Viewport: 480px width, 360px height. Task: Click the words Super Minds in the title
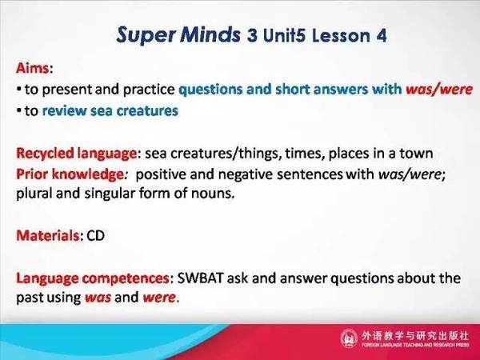click(x=178, y=35)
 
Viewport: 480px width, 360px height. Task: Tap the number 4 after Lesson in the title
click(x=382, y=35)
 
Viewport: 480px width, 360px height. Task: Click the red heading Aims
click(x=32, y=68)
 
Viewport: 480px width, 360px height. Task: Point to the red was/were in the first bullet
click(x=439, y=90)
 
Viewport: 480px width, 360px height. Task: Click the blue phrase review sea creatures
click(x=110, y=111)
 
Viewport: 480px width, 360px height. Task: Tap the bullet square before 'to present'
click(x=19, y=90)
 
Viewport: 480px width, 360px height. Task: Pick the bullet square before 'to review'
click(x=19, y=110)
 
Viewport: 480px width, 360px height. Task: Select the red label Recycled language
click(x=76, y=153)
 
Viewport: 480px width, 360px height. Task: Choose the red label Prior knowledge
click(x=70, y=174)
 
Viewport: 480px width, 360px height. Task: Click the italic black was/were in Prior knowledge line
click(x=410, y=174)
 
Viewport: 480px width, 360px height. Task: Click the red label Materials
click(x=48, y=235)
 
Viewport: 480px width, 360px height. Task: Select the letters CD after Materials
click(x=95, y=235)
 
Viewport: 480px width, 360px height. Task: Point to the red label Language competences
click(x=93, y=278)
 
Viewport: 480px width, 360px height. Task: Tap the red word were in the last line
click(x=159, y=298)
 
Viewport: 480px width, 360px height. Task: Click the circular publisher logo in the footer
click(x=349, y=338)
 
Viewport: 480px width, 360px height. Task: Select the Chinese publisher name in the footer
click(x=414, y=335)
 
